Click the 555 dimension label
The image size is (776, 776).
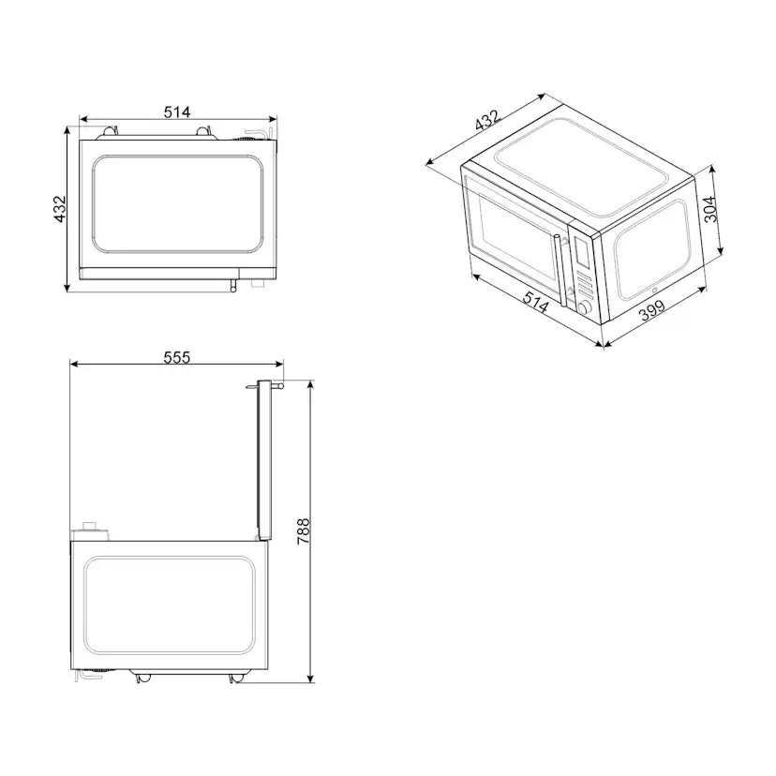177,356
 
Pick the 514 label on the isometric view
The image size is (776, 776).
535,302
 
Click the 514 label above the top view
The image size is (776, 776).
177,112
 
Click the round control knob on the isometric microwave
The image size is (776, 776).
584,307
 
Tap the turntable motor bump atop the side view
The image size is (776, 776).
92,527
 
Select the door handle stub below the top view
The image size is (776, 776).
231,283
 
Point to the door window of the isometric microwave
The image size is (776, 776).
511,227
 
